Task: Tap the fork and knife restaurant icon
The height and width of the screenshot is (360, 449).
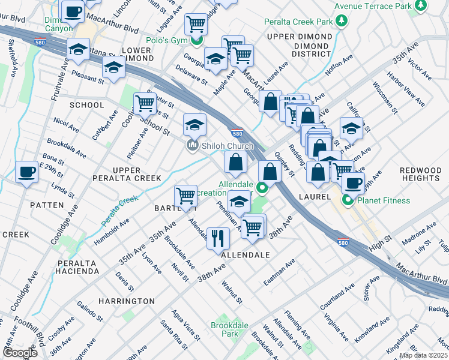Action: [x=218, y=237]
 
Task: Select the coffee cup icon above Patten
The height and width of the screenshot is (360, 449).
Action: [x=26, y=173]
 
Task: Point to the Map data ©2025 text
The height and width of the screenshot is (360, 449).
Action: [x=423, y=355]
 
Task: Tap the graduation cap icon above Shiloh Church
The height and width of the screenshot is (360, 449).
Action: [x=194, y=125]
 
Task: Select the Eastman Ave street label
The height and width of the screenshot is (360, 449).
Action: [x=279, y=272]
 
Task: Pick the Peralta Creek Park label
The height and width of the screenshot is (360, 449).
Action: [x=298, y=22]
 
